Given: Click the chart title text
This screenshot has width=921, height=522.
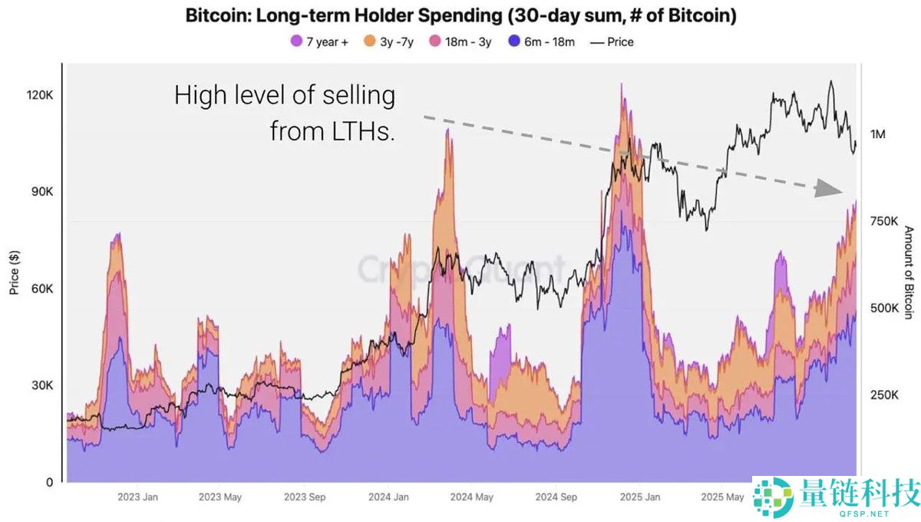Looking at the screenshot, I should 460,15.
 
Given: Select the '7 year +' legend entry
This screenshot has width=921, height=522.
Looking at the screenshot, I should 320,42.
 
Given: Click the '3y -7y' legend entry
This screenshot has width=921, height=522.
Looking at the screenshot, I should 389,42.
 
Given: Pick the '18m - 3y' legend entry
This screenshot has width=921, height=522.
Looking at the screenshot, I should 462,42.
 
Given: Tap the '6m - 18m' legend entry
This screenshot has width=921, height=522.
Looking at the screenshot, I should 541,42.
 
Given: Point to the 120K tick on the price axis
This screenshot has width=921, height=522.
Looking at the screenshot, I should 40,95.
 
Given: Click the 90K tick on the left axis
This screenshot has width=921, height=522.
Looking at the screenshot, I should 41,191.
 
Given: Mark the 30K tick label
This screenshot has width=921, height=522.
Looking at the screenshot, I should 41,385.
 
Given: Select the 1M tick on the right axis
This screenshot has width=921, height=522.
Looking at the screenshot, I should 878,134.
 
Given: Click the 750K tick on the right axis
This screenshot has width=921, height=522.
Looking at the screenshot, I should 883,221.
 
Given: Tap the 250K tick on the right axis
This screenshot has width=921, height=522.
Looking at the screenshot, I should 883,395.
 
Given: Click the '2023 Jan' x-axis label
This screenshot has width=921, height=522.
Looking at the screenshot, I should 137,497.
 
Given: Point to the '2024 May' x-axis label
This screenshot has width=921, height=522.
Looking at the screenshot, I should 473,497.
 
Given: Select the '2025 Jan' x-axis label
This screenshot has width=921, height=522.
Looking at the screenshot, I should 640,497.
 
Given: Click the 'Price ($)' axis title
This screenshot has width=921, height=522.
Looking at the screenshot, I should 14,272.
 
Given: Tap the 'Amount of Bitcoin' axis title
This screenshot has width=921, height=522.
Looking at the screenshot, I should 909,273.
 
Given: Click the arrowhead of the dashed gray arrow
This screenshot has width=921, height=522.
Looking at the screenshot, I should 829,188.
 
